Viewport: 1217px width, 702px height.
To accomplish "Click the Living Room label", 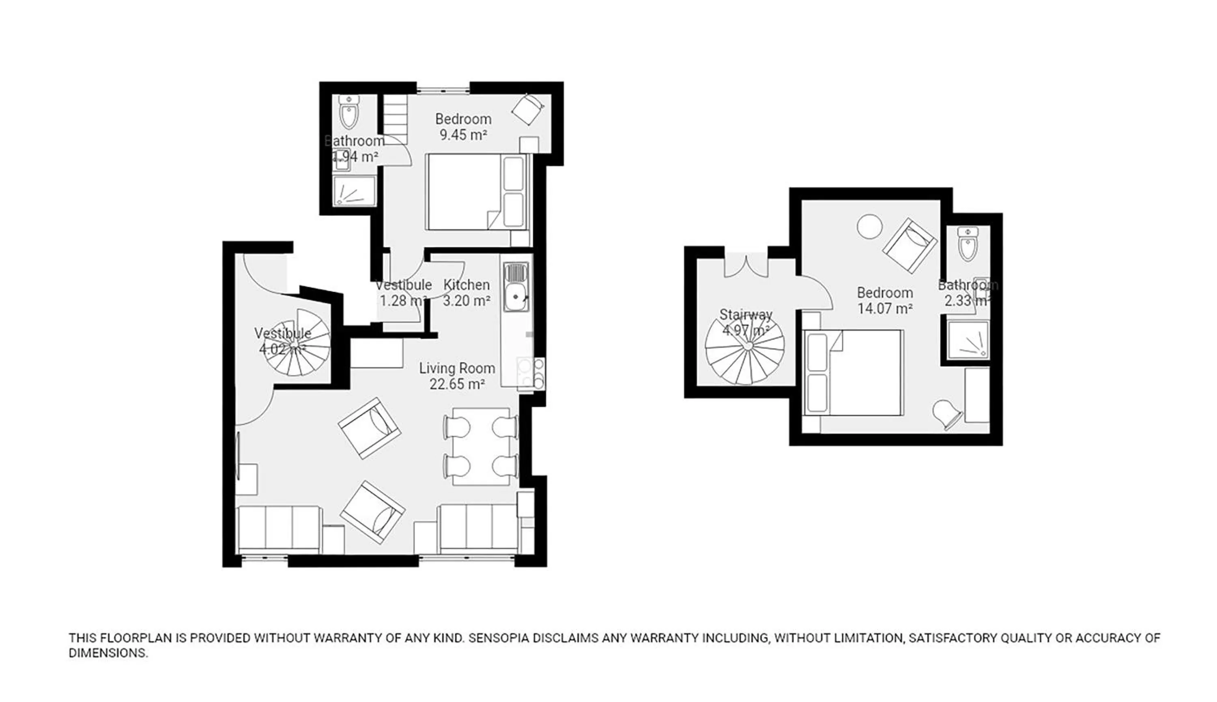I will click(456, 368).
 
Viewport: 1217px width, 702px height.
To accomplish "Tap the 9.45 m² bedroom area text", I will click(463, 135).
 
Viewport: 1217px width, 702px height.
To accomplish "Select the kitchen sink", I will click(516, 288).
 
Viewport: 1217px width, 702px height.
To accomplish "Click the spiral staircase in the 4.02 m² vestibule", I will click(300, 343).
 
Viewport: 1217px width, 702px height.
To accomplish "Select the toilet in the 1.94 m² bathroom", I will click(348, 112).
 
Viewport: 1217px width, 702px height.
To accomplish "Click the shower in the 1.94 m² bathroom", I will click(355, 191).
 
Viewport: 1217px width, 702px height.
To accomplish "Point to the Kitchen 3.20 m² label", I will click(466, 293).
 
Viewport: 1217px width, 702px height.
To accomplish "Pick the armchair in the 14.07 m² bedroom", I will click(910, 245).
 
